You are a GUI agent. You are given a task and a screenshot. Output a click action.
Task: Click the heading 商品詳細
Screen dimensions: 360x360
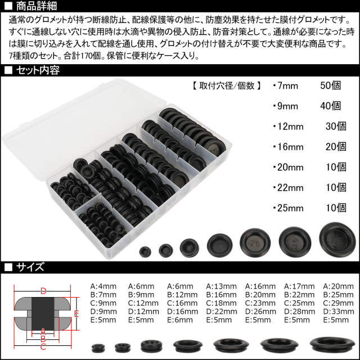pos(36,6)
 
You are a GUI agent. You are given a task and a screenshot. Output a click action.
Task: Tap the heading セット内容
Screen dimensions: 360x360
pos(38,70)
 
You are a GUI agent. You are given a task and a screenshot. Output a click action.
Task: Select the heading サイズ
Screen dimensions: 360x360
pos(30,267)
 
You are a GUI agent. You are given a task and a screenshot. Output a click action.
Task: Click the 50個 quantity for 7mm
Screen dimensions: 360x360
pos(330,85)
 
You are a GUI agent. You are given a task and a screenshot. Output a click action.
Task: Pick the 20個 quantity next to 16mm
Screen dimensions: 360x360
pos(336,147)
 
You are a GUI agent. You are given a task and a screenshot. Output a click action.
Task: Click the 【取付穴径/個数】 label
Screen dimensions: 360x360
pos(226,85)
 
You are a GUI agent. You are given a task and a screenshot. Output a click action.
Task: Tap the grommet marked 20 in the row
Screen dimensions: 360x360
pos(255,242)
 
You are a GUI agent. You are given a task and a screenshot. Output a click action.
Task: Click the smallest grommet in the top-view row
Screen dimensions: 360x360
pos(145,251)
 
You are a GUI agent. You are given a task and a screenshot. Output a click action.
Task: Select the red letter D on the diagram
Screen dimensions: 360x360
pos(43,291)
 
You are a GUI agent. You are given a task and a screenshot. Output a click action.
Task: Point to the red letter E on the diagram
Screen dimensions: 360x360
pos(76,314)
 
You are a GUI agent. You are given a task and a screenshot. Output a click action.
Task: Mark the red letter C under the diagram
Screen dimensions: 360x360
pos(43,347)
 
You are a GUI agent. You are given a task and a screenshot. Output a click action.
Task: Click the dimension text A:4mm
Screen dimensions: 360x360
pos(103,286)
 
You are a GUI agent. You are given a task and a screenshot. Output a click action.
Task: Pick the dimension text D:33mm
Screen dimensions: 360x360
pos(339,312)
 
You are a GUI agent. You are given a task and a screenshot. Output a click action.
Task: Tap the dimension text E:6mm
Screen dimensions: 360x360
pos(180,320)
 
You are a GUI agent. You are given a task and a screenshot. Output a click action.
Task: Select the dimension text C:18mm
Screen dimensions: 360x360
pos(221,303)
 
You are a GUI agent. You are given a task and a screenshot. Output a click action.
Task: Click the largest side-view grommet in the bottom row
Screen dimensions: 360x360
pos(332,344)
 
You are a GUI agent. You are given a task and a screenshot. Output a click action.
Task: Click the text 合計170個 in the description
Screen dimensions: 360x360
pos(83,56)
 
